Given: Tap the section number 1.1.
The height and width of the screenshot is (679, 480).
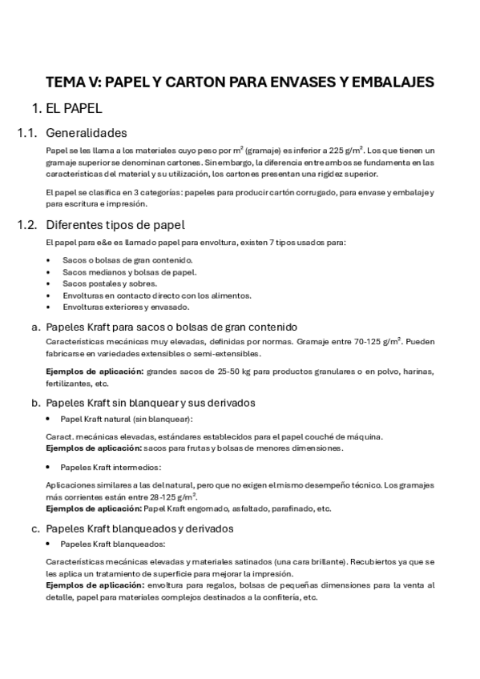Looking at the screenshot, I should click(28, 133).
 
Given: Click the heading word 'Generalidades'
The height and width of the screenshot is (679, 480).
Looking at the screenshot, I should click(87, 133).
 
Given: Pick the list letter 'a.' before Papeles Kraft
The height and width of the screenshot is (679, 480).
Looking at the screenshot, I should click(35, 327).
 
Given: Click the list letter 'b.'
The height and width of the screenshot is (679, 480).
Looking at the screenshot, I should click(35, 403).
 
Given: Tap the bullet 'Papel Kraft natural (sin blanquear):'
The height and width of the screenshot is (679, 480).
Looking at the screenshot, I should click(126, 419).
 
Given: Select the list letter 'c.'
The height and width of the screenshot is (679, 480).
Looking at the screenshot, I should click(35, 528).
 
